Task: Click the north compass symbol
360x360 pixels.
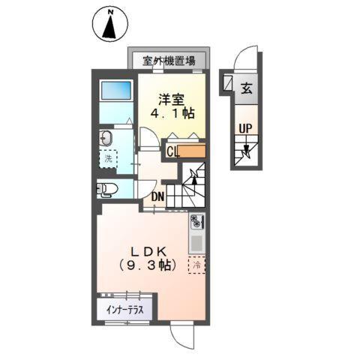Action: coord(109,25)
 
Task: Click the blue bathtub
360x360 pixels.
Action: coord(115,91)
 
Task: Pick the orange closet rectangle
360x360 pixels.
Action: coord(193,152)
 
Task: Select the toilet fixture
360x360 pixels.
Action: coord(106,189)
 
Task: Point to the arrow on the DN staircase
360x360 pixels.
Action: coord(195,178)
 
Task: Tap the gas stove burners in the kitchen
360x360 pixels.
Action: coord(196,222)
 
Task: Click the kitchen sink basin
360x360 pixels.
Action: coord(196,242)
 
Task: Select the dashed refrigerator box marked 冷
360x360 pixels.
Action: coord(197,265)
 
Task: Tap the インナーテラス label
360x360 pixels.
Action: coord(125,308)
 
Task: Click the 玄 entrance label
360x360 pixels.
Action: coord(245,87)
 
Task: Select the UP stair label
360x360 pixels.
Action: coord(244,128)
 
